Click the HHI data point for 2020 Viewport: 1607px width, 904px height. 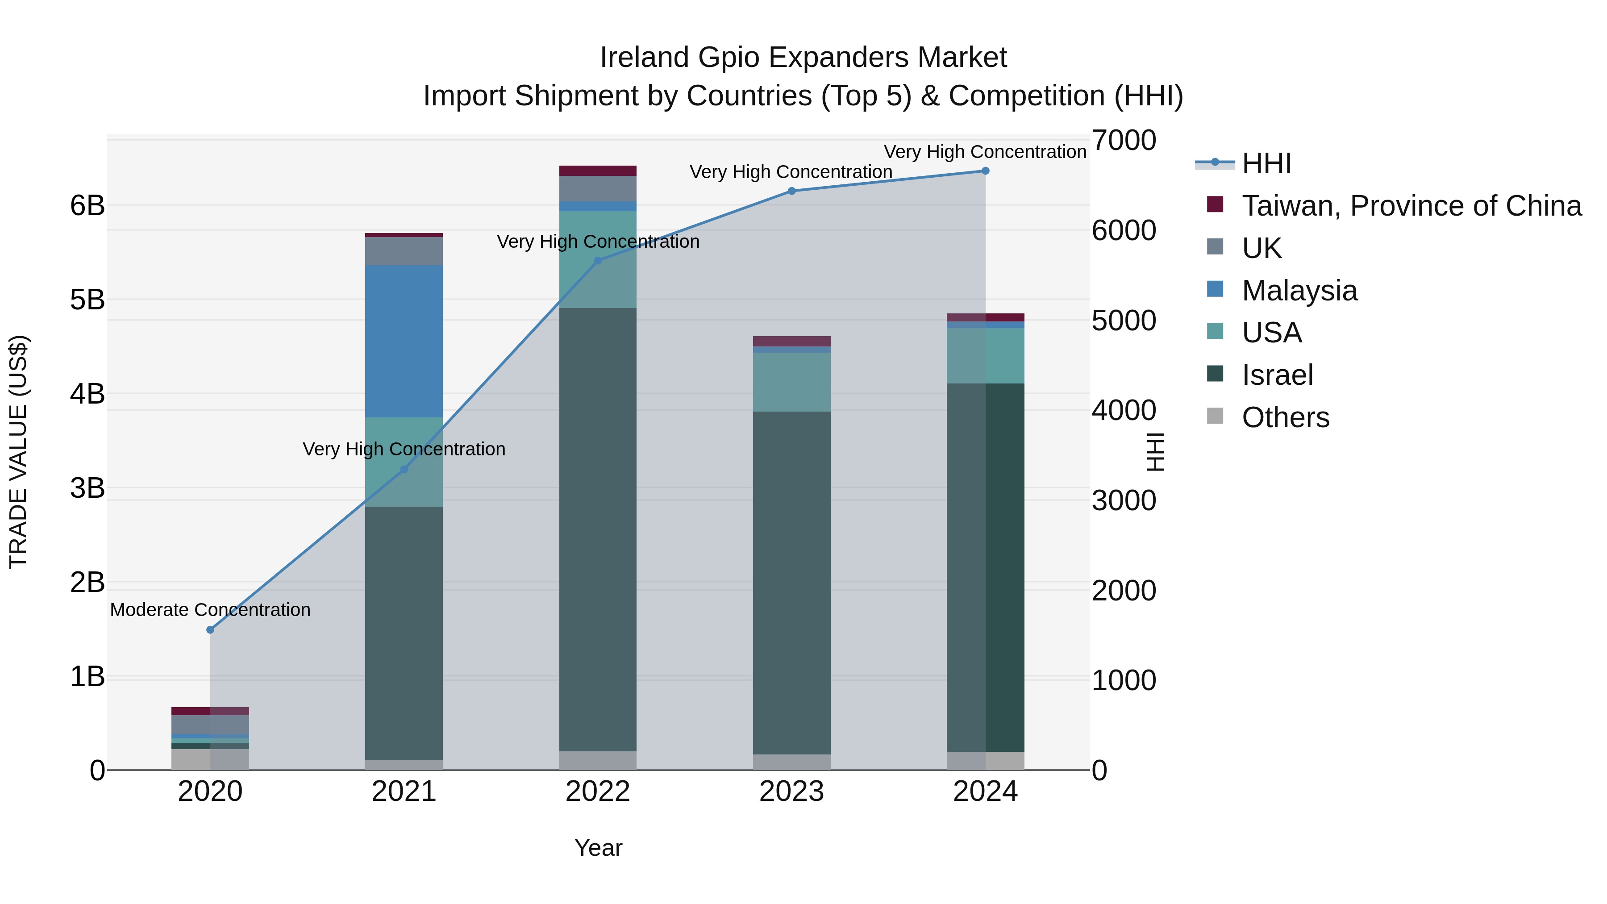coord(210,629)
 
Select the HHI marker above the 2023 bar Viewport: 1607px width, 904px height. coord(791,191)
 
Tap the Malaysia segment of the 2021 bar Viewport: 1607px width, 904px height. coord(404,341)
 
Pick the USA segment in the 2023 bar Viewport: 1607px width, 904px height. coord(791,382)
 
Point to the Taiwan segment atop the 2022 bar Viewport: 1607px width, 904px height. coord(598,171)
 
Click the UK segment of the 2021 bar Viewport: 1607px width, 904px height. coord(404,251)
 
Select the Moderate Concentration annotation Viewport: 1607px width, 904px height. coord(210,609)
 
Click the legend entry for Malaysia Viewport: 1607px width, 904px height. coord(1299,291)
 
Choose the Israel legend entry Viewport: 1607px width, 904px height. coord(1277,375)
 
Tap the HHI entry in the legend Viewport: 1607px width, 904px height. coord(1266,163)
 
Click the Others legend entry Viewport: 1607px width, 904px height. coord(1285,417)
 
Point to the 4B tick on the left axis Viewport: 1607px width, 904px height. coord(87,394)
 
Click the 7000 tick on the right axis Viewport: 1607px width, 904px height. coord(1124,140)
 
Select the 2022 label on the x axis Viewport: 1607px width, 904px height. coord(598,792)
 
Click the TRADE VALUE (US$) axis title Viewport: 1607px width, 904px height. coord(18,452)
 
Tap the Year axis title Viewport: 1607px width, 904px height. coord(598,848)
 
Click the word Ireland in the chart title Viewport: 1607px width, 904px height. coord(645,58)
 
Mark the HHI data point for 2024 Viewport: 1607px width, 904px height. coord(985,171)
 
